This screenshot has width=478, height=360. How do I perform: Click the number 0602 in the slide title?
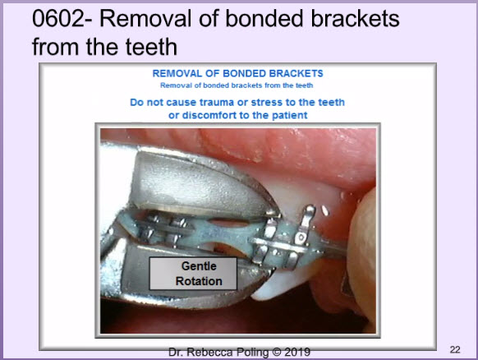58,18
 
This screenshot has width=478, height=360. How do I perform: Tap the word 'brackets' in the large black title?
355,18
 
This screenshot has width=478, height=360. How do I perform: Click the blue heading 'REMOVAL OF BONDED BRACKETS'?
238,73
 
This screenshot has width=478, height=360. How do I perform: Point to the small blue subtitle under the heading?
237,85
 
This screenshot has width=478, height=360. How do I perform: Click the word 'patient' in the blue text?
290,115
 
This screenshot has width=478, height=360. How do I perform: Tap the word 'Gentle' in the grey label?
199,266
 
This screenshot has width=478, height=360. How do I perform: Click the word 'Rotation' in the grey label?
199,281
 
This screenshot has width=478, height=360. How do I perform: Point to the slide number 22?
455,349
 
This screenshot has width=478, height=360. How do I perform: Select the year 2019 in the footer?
297,352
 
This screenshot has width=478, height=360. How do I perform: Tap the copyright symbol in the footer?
277,352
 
